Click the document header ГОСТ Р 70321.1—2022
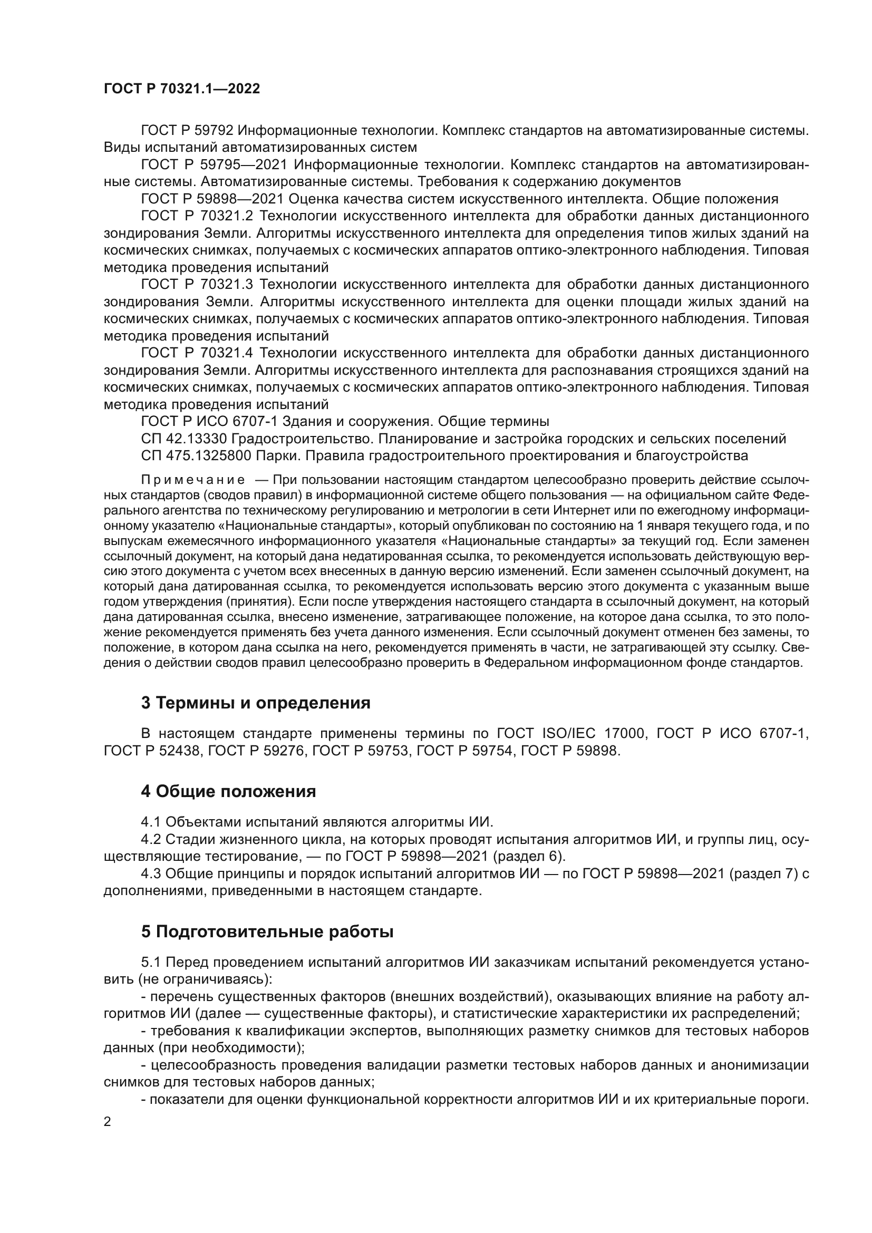(x=181, y=89)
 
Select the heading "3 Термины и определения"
(x=256, y=703)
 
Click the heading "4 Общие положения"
(x=228, y=792)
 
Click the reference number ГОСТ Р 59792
(x=187, y=131)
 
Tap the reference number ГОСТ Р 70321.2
(x=197, y=216)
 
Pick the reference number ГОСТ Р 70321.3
(x=197, y=284)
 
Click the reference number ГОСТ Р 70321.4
(x=197, y=353)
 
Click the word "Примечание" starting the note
(x=193, y=480)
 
